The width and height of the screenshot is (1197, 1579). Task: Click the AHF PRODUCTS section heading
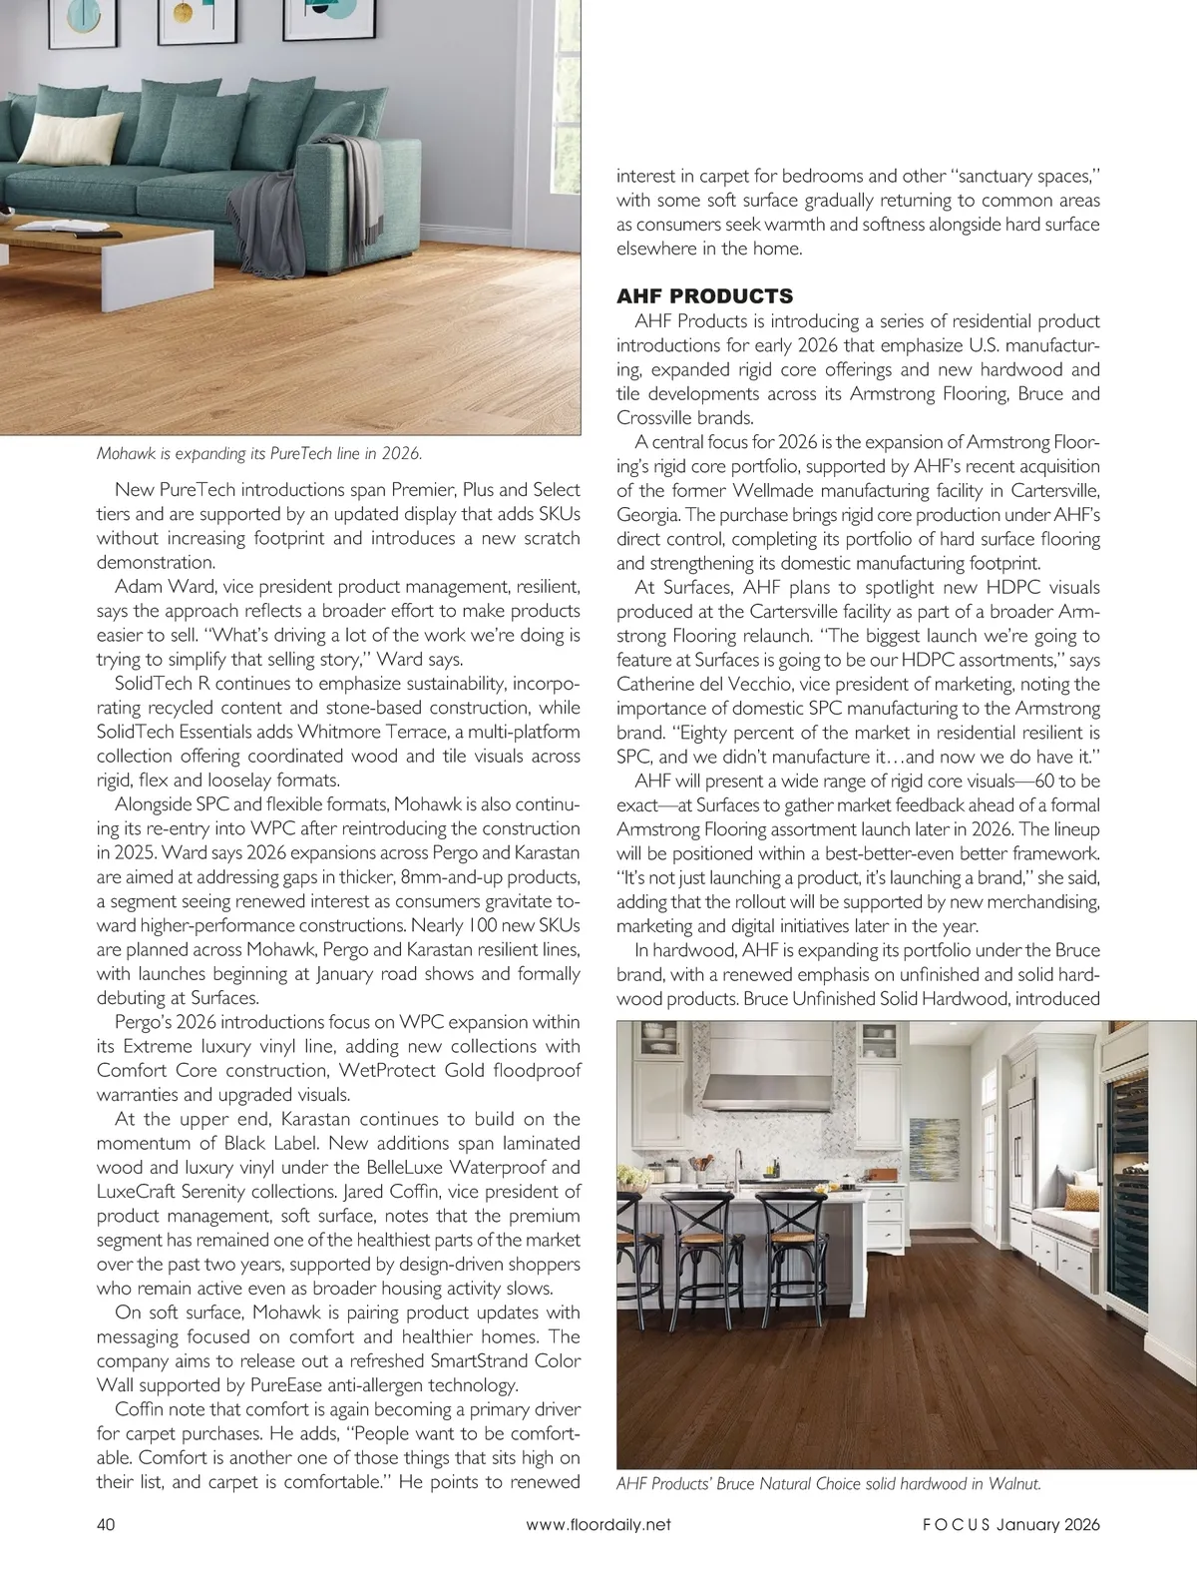pos(704,296)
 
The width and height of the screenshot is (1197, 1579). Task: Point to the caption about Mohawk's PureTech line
pos(259,453)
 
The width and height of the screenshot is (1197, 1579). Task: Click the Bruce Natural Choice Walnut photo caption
pos(829,1483)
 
